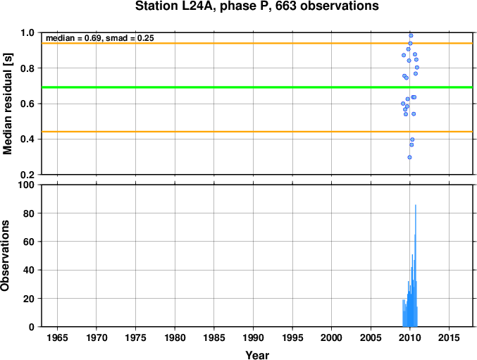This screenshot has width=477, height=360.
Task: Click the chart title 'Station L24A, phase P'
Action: coord(202,6)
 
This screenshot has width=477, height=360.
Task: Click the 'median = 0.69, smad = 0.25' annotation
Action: coord(100,38)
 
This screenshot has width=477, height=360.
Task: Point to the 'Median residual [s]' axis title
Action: coord(7,104)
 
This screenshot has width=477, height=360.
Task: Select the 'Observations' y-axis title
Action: coord(5,256)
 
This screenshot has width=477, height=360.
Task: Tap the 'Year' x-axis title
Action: coord(257,355)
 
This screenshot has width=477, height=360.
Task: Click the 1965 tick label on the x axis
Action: coord(57,337)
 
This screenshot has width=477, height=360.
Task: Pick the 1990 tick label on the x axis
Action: coord(253,337)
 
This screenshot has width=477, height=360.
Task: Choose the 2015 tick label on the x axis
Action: coord(449,337)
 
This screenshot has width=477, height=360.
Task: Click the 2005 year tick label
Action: coord(371,337)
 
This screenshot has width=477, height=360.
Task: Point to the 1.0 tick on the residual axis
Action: coord(27,33)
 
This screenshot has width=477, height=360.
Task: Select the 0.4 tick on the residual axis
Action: coord(27,139)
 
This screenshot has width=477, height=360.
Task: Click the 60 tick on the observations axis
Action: coord(29,242)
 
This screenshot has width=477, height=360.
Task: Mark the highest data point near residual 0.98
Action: coord(411,35)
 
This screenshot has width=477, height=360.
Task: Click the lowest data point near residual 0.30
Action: coord(409,157)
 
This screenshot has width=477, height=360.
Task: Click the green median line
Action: coord(257,87)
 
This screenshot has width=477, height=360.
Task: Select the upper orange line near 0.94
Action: coord(257,43)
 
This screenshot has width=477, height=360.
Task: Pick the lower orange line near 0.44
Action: coord(257,132)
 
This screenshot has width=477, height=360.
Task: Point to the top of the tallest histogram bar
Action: coord(416,205)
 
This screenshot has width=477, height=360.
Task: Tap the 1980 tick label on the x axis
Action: coord(175,337)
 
